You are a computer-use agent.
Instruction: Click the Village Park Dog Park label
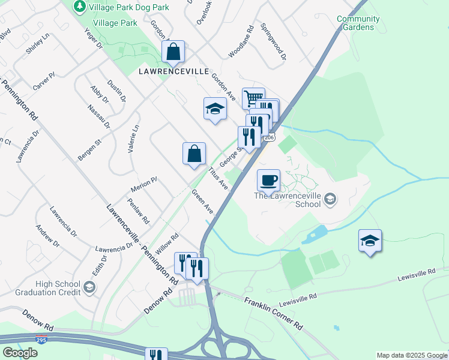[128, 7]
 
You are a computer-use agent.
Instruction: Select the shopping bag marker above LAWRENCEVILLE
[173, 52]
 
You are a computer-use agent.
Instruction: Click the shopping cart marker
[253, 98]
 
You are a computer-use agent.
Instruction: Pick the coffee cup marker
[268, 179]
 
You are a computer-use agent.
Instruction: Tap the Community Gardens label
[358, 23]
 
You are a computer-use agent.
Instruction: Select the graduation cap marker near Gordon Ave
[215, 109]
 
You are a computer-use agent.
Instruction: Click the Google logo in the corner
[20, 353]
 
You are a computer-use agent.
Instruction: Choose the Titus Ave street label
[218, 177]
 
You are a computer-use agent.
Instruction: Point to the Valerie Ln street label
[133, 138]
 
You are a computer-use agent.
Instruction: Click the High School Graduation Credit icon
[89, 287]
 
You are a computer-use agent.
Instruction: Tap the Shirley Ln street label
[37, 44]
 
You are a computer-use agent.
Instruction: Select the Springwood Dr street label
[273, 42]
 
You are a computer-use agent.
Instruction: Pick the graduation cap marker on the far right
[370, 241]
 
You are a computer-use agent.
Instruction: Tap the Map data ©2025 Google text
[412, 355]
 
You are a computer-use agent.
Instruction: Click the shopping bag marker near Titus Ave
[194, 154]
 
